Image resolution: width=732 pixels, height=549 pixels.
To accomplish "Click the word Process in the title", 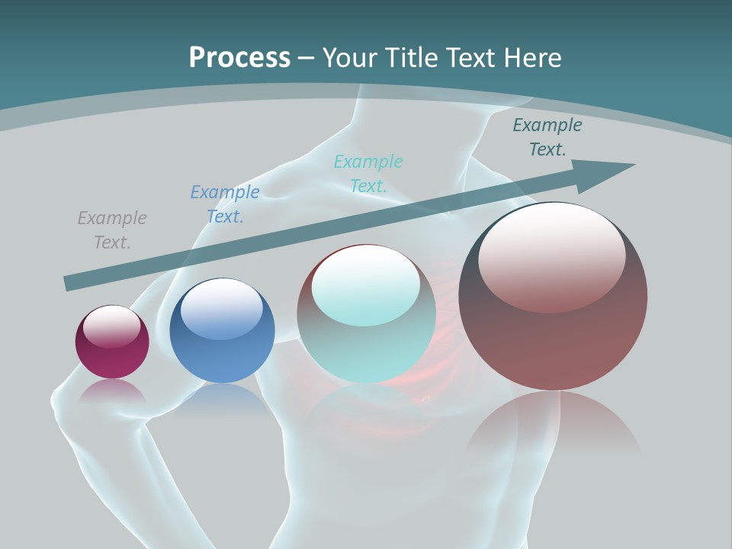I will click(x=239, y=58).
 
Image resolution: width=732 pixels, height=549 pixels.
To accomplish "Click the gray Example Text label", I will click(x=112, y=230).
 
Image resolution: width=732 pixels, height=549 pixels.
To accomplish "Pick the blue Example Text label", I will click(x=225, y=204).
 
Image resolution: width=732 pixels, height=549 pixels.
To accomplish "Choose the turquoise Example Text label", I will click(x=368, y=173).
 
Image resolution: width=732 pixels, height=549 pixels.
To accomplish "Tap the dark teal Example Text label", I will click(x=547, y=137).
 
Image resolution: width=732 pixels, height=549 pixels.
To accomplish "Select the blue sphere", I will click(x=222, y=358).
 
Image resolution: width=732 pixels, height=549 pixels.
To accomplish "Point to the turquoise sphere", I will click(x=366, y=351).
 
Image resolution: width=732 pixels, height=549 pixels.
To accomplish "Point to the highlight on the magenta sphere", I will click(x=111, y=326).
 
